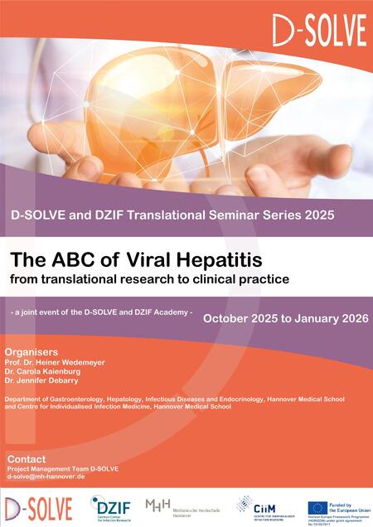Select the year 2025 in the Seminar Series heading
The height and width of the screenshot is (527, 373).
click(x=317, y=215)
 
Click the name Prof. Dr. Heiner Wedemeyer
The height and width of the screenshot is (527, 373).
click(x=56, y=362)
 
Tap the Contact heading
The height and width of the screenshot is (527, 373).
click(x=27, y=458)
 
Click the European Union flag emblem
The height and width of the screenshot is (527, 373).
click(x=317, y=508)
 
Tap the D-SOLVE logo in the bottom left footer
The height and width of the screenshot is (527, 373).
click(x=38, y=507)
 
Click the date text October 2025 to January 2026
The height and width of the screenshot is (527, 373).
click(x=283, y=317)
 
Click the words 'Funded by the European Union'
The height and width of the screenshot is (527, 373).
click(x=347, y=504)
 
